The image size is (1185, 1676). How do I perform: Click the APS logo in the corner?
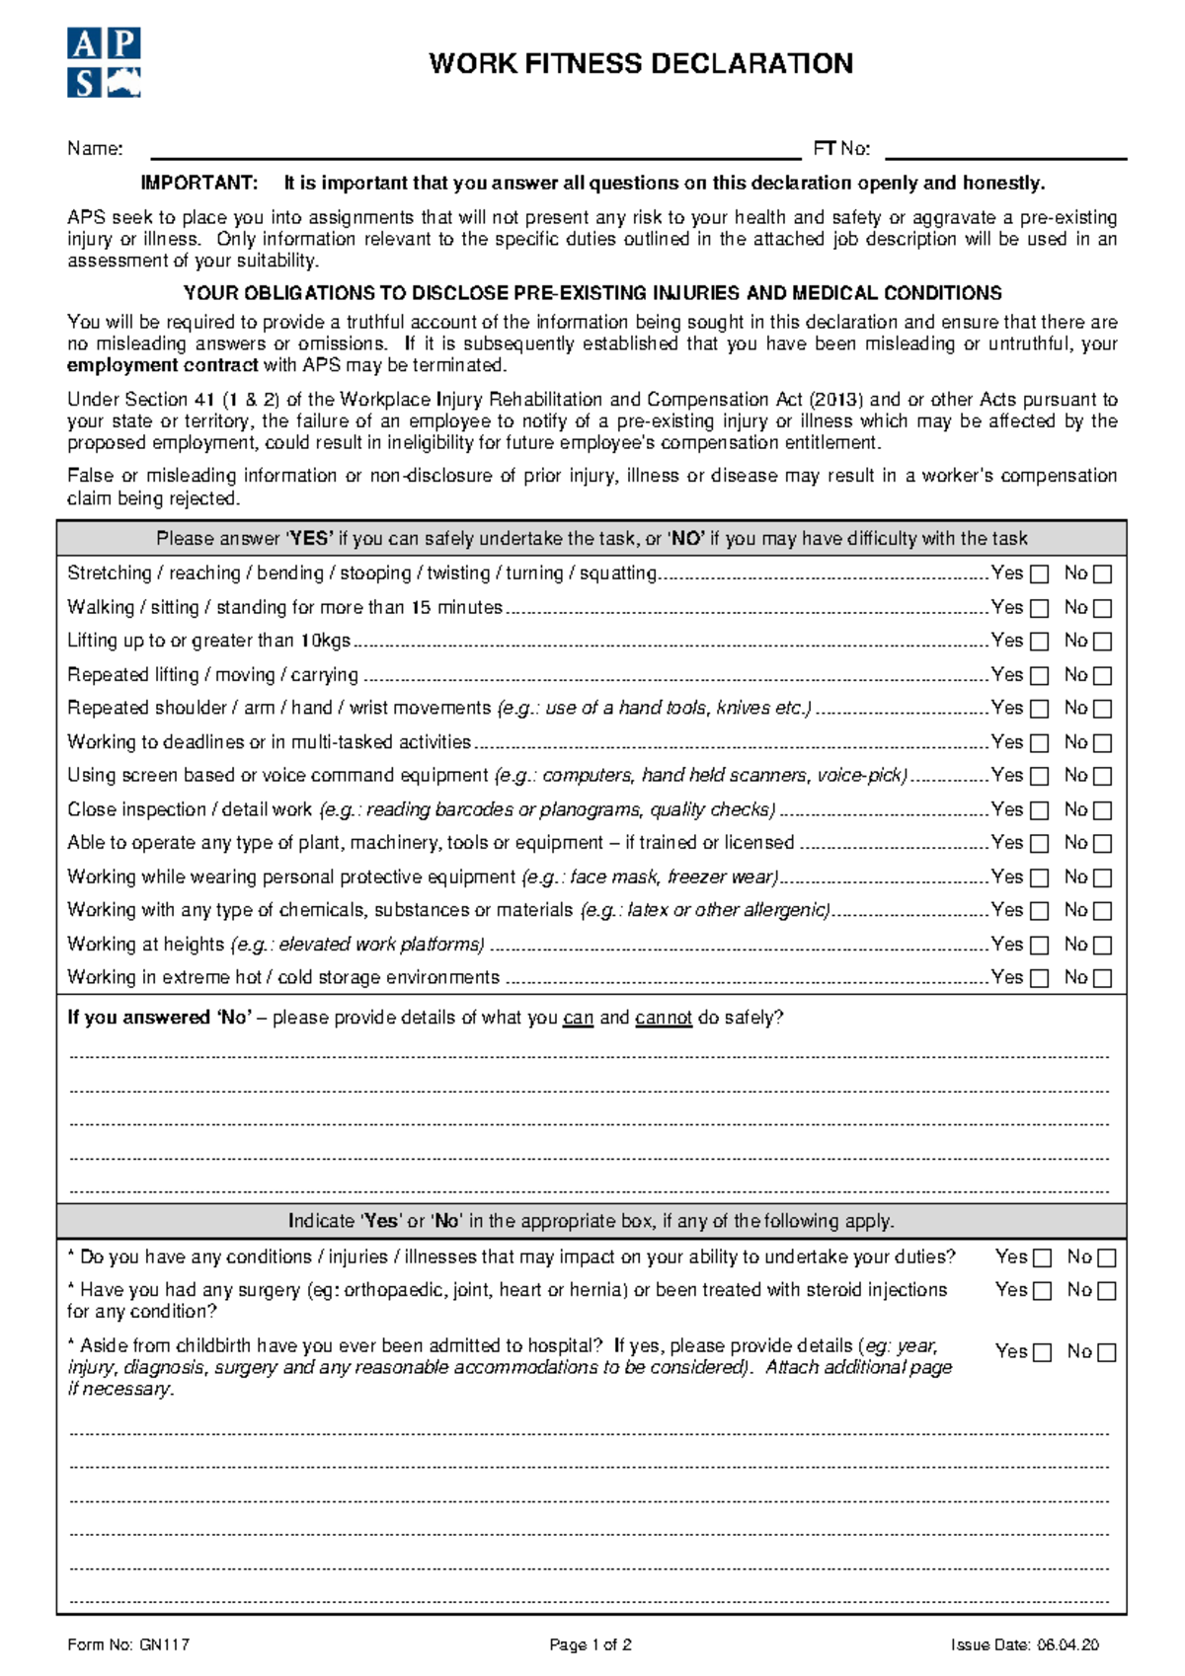(104, 63)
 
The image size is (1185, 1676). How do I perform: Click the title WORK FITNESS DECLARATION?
(641, 64)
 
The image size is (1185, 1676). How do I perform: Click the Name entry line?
(474, 151)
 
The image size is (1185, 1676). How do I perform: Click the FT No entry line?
(1005, 151)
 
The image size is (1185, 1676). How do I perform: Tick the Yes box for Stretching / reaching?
(1040, 574)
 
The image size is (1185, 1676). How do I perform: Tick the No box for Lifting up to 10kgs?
(1103, 642)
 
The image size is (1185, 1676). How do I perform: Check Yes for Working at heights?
(1040, 946)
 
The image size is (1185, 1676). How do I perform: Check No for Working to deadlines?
(1103, 743)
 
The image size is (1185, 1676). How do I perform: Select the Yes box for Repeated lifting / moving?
(1040, 676)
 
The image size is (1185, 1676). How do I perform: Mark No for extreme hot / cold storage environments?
(1103, 979)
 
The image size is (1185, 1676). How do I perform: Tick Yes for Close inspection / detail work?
(1040, 810)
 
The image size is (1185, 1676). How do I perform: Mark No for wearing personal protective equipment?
(1103, 877)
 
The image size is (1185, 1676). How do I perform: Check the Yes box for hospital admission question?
(1043, 1353)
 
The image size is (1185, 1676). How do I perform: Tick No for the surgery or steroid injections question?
(1107, 1291)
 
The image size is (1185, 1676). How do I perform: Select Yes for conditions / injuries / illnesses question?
(1043, 1258)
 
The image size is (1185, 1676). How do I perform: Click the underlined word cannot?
(663, 1018)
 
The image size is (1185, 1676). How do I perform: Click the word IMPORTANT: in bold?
(198, 184)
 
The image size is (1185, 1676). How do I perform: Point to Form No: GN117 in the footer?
(128, 1644)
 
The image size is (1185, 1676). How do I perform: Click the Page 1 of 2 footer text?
(591, 1644)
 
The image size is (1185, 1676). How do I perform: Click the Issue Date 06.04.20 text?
(1024, 1644)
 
